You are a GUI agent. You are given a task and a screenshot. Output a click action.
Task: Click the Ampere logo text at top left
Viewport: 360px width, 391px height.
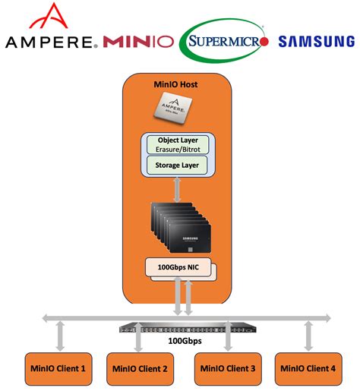50,41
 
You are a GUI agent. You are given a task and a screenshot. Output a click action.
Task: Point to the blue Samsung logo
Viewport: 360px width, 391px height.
315,41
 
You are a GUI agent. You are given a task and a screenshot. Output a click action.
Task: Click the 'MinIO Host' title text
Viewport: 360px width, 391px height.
177,84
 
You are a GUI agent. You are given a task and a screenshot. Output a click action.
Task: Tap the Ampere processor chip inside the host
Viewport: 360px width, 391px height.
178,110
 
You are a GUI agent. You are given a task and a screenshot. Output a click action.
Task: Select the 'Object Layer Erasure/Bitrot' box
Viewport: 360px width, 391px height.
178,145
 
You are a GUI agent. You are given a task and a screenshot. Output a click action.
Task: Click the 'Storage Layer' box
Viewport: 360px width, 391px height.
178,165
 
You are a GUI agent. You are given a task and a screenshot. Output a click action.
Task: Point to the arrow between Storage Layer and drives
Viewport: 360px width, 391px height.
178,189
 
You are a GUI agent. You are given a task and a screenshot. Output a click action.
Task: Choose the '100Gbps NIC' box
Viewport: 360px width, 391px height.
176,267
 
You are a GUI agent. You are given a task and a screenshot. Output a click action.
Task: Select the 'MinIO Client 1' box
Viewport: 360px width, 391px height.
58,368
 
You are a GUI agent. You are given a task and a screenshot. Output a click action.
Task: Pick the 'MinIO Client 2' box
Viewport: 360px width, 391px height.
138,368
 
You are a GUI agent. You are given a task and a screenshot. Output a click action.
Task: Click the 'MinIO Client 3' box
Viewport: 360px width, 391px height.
226,368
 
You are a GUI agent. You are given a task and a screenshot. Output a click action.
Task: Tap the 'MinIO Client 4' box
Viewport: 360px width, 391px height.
307,368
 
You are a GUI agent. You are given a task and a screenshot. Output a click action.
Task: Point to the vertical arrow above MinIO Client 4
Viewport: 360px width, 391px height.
308,335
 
